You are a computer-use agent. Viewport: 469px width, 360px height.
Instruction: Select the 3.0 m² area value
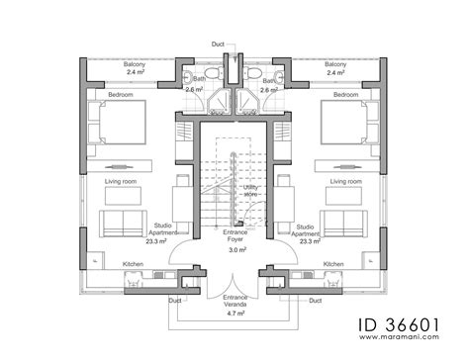point(234,250)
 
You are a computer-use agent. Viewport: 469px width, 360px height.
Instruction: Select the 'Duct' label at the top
point(218,44)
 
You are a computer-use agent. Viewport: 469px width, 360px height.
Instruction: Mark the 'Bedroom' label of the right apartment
point(345,94)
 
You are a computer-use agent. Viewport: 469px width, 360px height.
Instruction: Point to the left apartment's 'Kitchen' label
point(135,264)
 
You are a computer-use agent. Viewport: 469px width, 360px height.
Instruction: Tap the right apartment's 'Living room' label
point(346,182)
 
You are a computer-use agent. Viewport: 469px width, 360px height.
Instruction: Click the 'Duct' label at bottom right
point(315,300)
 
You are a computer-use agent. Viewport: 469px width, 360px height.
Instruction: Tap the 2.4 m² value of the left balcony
point(136,73)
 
